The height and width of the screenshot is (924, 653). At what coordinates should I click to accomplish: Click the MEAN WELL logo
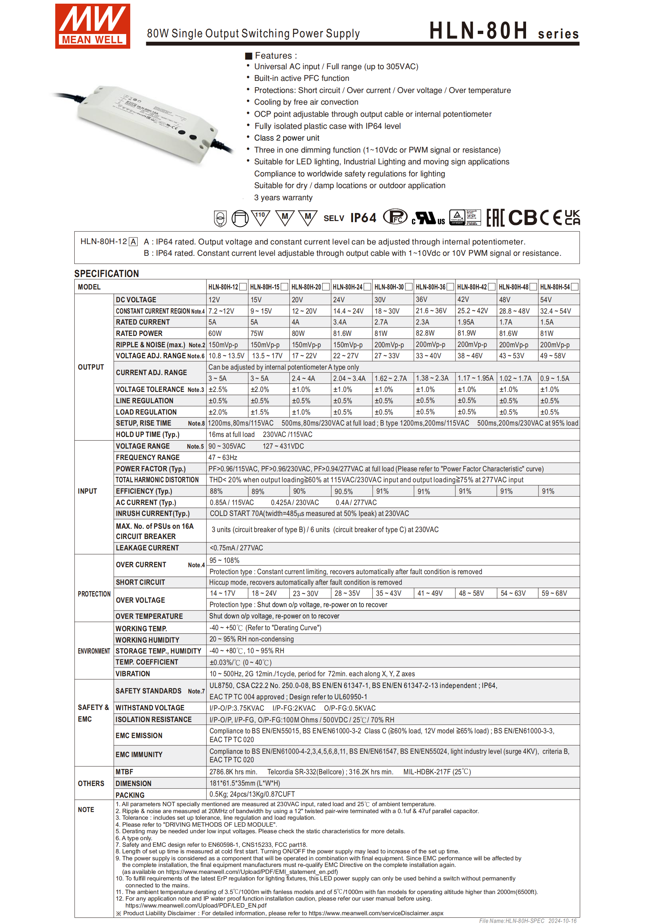tap(93, 26)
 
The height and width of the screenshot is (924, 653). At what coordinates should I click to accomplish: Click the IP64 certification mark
tap(363, 218)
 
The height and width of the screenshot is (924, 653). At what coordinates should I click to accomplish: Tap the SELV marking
tap(334, 218)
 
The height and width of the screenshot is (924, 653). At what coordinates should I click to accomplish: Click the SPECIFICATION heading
tap(106, 274)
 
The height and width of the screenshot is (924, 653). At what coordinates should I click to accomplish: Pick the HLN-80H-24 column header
tap(348, 287)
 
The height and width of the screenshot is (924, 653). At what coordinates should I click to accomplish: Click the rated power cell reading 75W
tap(257, 333)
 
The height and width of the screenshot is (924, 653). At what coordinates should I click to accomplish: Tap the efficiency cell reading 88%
tap(216, 491)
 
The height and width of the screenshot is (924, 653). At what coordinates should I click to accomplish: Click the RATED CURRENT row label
tap(143, 322)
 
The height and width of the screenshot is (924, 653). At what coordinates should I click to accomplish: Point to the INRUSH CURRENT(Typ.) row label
tap(153, 513)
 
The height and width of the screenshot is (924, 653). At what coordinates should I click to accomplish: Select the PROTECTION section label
tap(94, 594)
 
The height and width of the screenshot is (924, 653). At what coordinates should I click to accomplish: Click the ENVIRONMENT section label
tap(94, 651)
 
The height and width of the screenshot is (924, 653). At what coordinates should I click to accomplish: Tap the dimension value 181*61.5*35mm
tap(245, 783)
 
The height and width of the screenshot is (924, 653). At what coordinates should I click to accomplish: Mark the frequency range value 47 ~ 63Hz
tap(222, 457)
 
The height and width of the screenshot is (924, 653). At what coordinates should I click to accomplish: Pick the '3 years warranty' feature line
tap(283, 198)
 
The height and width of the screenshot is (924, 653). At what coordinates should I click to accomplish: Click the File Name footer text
tap(528, 921)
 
